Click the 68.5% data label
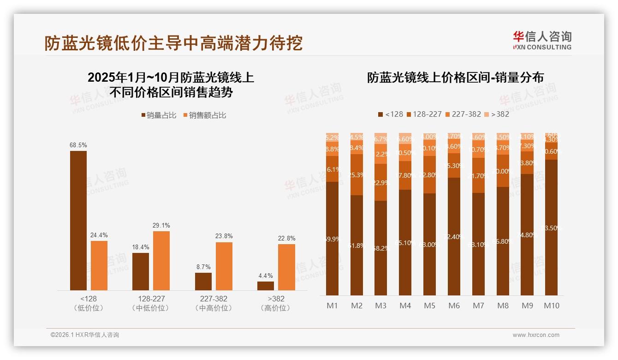tap(78, 145)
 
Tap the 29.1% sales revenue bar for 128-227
tap(161, 260)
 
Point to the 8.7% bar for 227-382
tap(203, 281)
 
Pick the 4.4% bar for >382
tap(266, 286)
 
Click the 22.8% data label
tap(286, 238)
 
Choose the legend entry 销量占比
tap(159, 115)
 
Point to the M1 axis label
tap(332, 306)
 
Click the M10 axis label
tap(552, 306)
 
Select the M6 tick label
tap(454, 306)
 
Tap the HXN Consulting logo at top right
tap(542, 40)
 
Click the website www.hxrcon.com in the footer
tap(536, 335)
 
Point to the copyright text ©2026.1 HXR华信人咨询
tap(85, 335)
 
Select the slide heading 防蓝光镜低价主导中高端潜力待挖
tap(173, 43)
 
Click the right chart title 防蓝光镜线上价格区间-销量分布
tap(455, 78)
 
